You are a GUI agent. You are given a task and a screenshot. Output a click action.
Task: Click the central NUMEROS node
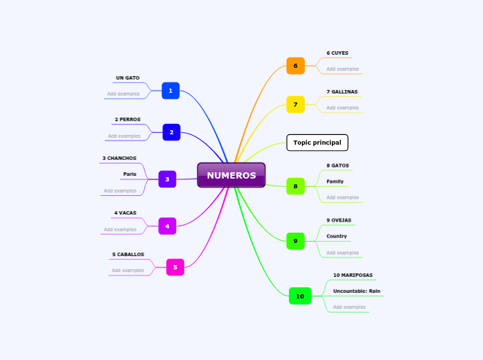231,175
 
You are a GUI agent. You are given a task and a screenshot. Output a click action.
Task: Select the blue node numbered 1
170,91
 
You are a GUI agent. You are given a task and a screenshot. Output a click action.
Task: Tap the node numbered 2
171,132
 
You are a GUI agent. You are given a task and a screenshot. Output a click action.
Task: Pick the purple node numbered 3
167,179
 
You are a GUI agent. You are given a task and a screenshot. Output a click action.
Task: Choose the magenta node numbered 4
167,226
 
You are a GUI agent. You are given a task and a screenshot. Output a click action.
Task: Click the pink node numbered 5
175,267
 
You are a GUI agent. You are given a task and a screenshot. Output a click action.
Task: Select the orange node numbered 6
295,66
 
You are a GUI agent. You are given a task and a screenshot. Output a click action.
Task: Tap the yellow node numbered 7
295,105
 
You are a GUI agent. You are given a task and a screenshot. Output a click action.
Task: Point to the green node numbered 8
295,186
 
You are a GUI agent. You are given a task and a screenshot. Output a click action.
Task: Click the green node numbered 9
295,241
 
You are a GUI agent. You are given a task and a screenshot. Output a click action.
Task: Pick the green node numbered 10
300,296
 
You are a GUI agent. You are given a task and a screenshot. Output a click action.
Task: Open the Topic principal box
317,143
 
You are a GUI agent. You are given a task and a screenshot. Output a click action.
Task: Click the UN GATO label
128,78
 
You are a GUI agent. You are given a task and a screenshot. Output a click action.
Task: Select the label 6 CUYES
337,53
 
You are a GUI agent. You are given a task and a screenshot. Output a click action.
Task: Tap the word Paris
130,174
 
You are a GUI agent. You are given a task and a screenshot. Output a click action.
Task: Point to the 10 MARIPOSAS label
353,275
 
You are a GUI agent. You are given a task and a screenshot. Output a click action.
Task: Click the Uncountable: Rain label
356,291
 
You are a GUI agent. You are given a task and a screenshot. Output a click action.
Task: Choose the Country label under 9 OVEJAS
337,236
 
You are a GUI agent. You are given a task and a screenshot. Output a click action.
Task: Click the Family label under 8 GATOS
335,181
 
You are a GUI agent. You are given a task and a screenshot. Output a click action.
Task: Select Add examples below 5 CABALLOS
128,270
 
